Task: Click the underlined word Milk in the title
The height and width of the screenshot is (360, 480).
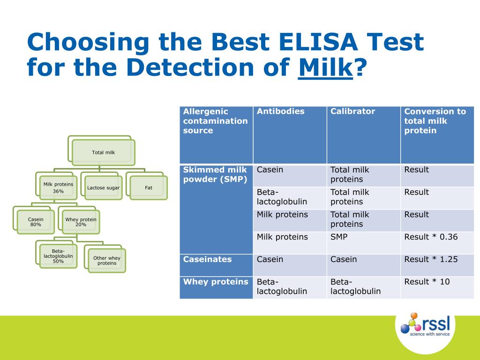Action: [x=325, y=67]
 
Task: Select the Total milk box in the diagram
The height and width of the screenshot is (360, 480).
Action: [x=103, y=152]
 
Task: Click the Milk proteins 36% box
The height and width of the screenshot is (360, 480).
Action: [x=58, y=187]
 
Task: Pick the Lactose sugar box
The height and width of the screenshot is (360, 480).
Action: [x=103, y=188]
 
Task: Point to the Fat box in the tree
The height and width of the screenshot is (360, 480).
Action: [x=149, y=187]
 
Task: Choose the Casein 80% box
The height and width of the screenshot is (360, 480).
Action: [x=36, y=222]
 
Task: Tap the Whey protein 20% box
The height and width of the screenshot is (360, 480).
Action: [x=81, y=222]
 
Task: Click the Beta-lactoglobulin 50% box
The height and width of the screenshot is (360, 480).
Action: [x=58, y=256]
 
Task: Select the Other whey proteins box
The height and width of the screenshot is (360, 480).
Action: [x=106, y=261]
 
